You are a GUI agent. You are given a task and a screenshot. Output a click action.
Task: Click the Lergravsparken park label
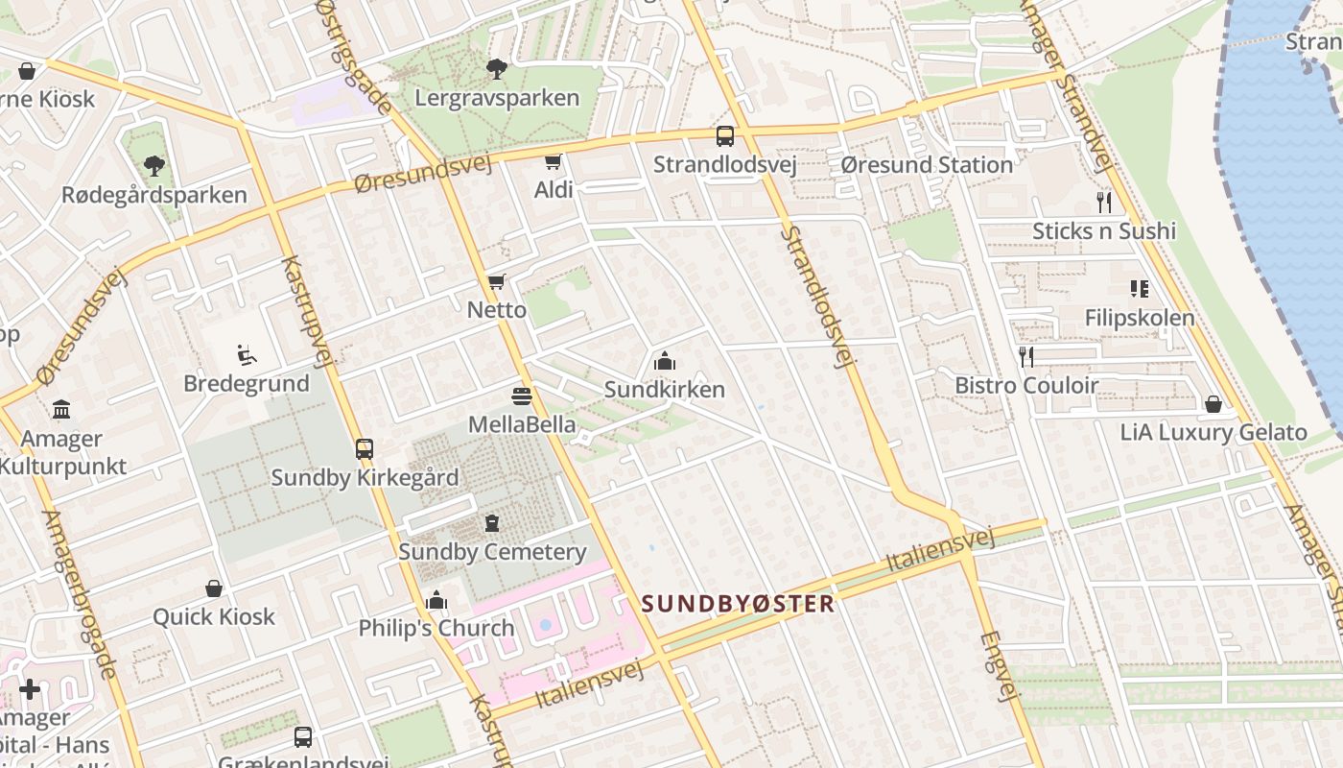point(497,98)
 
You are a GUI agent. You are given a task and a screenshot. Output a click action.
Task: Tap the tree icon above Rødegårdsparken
point(153,166)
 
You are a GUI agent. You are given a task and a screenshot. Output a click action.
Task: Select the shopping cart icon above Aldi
point(553,161)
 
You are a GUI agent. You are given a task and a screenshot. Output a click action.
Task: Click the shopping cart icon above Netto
point(496,281)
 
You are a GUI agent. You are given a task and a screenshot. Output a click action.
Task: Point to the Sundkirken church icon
point(664,362)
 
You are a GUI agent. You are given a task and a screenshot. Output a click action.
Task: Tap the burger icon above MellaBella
point(522,396)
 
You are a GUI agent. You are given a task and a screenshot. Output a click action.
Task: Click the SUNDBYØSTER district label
point(738,604)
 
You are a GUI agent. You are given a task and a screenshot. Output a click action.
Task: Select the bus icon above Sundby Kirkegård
point(365,449)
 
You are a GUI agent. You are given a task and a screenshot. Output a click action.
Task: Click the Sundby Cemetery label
point(492,552)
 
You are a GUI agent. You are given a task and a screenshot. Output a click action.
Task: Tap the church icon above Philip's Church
point(436,601)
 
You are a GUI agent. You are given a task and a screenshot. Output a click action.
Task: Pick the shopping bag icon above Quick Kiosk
point(214,588)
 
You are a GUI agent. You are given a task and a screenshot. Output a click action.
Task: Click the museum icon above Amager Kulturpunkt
point(61,411)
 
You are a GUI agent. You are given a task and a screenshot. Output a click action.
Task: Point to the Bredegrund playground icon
point(247,355)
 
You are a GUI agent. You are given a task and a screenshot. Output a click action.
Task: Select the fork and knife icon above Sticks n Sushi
point(1104,203)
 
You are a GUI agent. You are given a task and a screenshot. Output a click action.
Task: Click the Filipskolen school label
point(1140,318)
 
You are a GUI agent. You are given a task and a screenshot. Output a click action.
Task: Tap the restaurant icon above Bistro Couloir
point(1026,357)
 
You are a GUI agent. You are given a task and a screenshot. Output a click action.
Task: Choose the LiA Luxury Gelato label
point(1213,433)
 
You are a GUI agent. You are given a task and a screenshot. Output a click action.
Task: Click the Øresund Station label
point(927,165)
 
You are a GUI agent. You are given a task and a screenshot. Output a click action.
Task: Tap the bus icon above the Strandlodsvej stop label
point(725,136)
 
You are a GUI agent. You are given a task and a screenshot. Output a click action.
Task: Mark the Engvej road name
point(997,666)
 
